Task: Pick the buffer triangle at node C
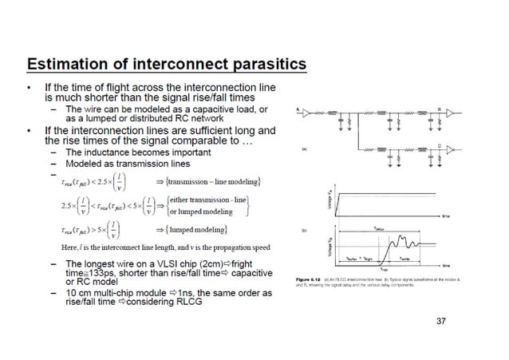(x=450, y=149)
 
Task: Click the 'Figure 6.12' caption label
(x=307, y=279)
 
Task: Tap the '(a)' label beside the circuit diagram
(x=304, y=148)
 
